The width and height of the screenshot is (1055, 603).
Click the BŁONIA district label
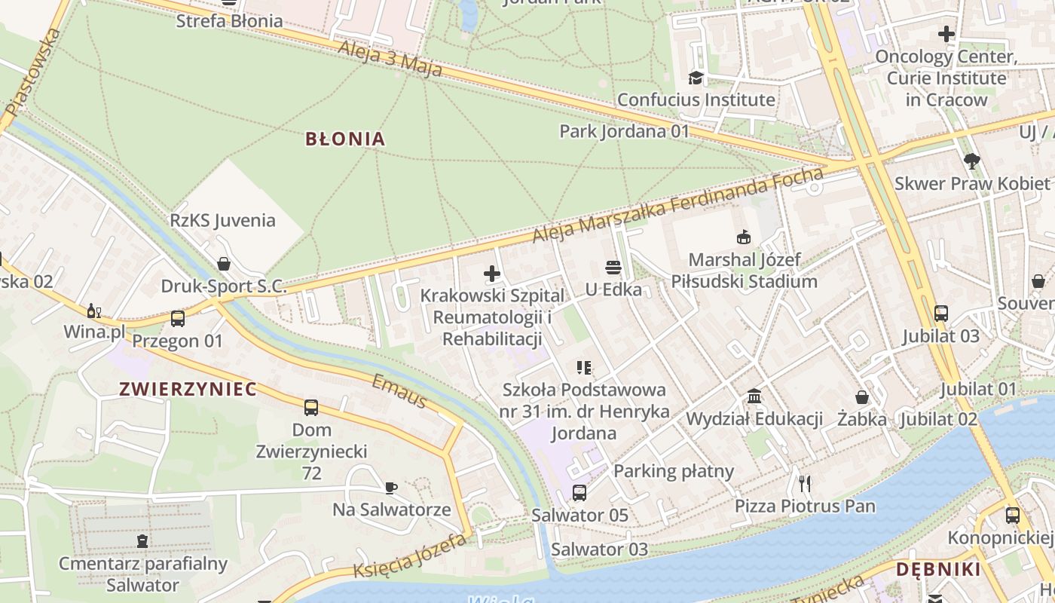tap(345, 139)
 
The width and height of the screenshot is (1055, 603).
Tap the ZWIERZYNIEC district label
tap(188, 389)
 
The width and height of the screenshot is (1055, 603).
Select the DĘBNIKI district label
tap(938, 569)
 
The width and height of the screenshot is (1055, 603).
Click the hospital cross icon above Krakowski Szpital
tap(492, 274)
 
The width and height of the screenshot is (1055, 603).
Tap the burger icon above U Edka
tap(613, 268)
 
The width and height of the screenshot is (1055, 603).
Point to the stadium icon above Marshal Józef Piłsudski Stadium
tap(744, 237)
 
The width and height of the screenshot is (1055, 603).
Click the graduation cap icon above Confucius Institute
tap(696, 78)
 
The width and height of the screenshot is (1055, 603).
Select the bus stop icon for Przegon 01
tap(178, 319)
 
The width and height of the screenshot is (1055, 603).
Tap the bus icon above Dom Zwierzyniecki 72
tap(311, 408)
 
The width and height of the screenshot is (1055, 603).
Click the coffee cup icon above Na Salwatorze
tap(391, 488)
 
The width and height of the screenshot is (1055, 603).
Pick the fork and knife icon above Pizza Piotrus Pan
tap(805, 483)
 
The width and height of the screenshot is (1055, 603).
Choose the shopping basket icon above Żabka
tap(862, 397)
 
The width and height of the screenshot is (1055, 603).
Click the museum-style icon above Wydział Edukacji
tap(754, 396)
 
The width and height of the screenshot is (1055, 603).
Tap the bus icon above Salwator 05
tap(579, 493)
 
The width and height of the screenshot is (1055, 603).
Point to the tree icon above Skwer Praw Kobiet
tap(972, 161)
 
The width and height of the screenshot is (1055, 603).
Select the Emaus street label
tap(399, 391)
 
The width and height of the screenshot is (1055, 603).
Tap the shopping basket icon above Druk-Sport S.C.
tap(224, 264)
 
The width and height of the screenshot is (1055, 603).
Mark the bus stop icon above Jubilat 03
tap(941, 314)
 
